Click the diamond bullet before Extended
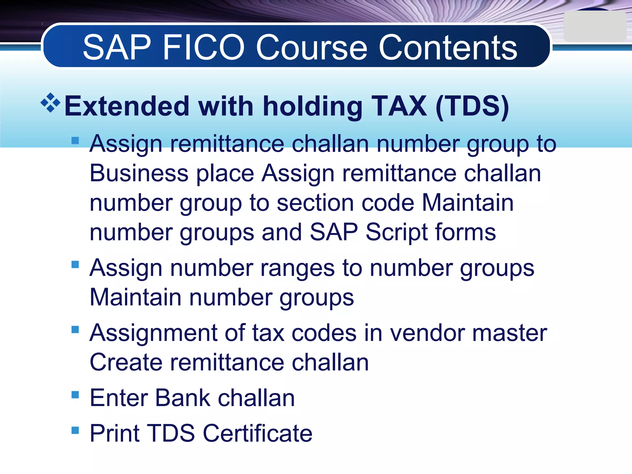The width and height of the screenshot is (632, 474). (x=51, y=102)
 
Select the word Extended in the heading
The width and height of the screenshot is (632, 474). (x=127, y=106)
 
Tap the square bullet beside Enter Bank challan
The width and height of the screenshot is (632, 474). (x=75, y=395)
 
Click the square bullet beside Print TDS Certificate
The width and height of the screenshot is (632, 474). (x=75, y=430)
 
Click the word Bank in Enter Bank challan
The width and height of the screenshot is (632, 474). (x=183, y=398)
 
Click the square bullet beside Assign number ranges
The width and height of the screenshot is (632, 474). (x=75, y=265)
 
